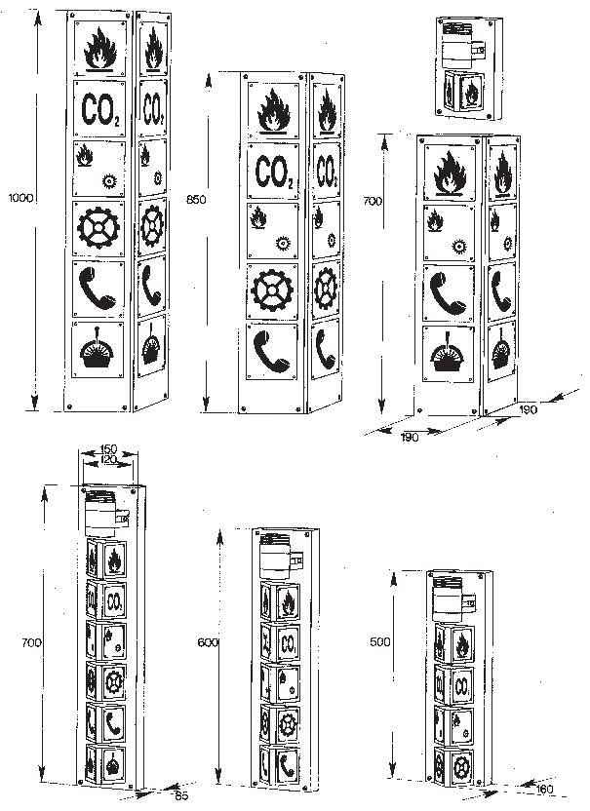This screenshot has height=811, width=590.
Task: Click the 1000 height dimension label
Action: point(20,198)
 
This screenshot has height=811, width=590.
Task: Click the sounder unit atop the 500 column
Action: point(448,593)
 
